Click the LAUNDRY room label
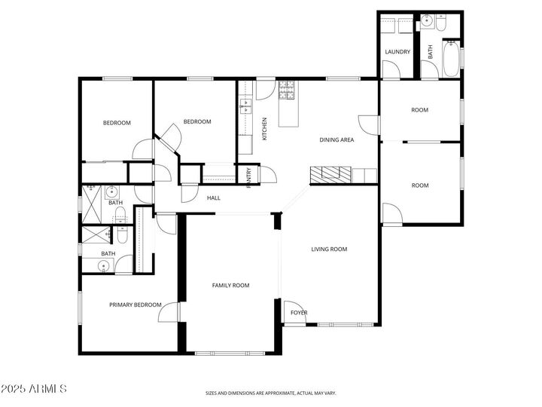point(397,51)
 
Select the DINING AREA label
point(336,139)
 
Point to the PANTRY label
point(248,177)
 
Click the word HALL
point(214,198)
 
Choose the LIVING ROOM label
point(329,249)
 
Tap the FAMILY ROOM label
point(230,285)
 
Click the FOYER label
point(299,313)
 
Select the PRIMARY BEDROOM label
point(135,304)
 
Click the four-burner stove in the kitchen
point(286,90)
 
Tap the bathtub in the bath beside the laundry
point(450,59)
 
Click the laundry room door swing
point(390,69)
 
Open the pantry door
point(267,174)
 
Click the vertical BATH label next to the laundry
point(431,52)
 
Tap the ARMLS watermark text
point(35,390)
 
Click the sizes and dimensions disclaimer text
point(271,393)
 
